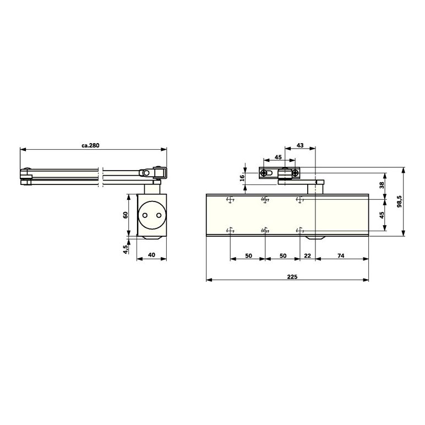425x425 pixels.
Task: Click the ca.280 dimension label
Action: (90, 145)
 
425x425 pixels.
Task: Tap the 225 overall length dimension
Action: (292, 277)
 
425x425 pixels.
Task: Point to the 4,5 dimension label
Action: (125, 249)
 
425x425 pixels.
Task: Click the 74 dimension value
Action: (341, 255)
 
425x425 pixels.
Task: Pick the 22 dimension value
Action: (307, 255)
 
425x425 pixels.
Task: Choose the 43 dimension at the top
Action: (300, 145)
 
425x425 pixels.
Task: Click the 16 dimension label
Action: (242, 178)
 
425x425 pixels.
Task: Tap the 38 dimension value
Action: (382, 186)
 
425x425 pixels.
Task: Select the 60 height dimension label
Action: (125, 215)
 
